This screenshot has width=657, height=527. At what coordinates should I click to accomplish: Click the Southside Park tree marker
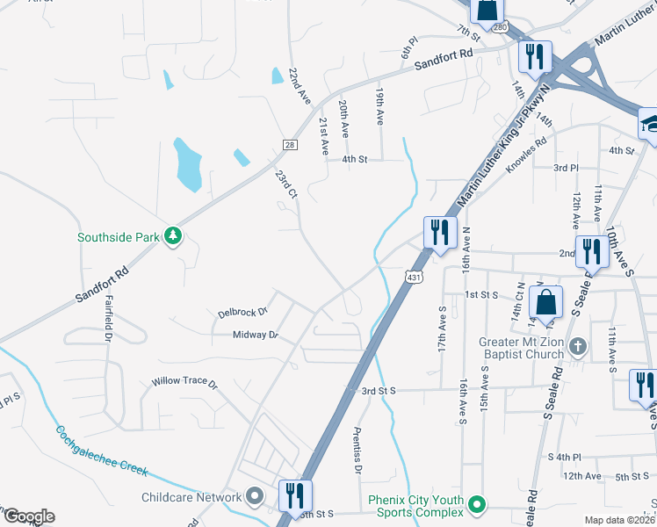point(174,237)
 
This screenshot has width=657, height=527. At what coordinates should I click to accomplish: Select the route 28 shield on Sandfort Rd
point(289,145)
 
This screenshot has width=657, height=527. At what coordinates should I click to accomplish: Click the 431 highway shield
point(412,278)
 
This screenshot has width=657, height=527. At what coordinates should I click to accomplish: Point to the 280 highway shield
point(500,29)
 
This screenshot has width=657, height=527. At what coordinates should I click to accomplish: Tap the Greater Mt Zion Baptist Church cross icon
point(578,345)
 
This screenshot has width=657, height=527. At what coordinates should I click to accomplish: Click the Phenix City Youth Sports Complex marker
point(477,505)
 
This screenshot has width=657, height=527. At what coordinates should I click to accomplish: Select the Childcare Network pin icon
point(255,497)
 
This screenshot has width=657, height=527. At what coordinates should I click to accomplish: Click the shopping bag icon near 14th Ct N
point(545,302)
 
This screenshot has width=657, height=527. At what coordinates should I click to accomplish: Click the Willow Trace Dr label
point(184,383)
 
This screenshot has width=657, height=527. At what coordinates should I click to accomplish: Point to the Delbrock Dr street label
point(242,313)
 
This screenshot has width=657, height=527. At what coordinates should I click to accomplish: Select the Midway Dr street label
point(255,335)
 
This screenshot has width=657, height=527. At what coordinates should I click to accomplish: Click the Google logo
point(28,516)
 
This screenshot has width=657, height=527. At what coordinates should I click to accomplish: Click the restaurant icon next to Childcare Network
point(293,495)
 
